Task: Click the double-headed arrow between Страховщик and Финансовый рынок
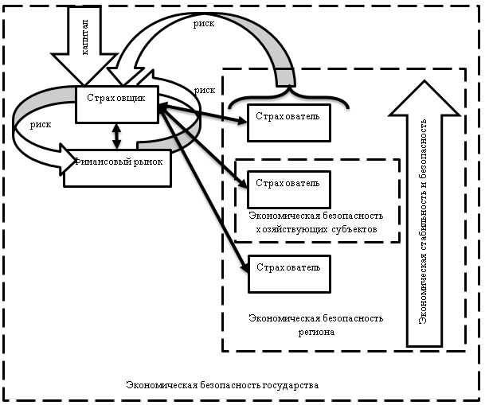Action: click(x=118, y=135)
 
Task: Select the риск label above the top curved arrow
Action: click(x=204, y=23)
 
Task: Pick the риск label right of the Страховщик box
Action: click(x=204, y=91)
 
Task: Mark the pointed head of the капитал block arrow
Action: click(x=84, y=80)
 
